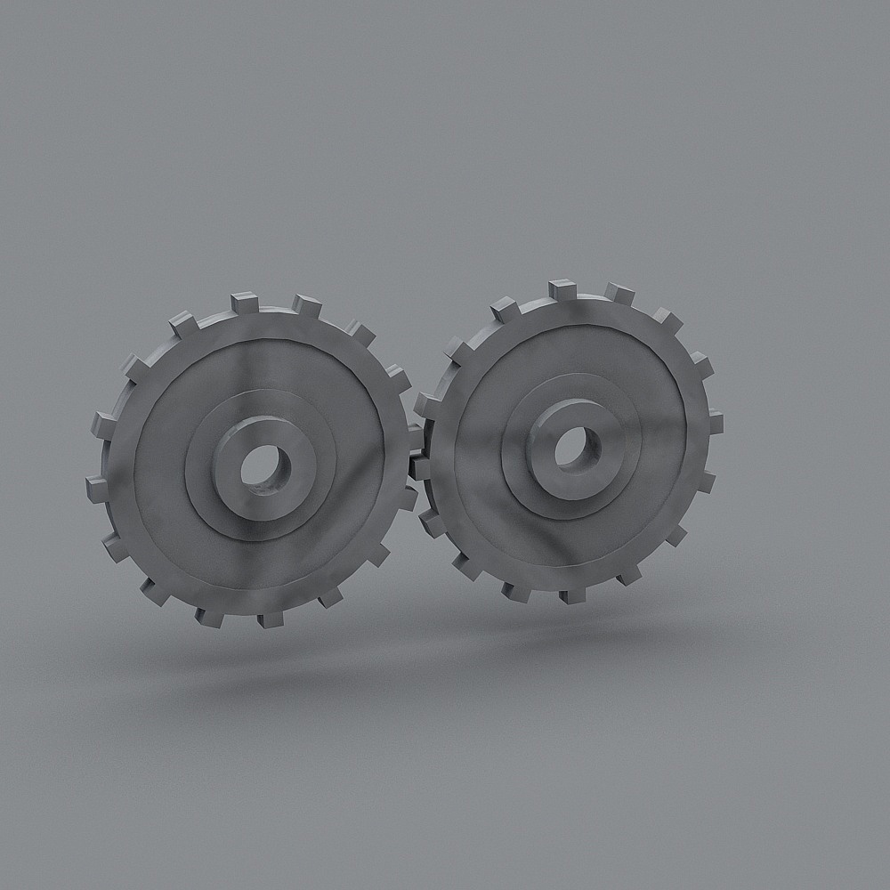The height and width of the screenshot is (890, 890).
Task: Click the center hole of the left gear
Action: [263, 464]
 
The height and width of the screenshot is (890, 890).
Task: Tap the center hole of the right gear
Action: [572, 448]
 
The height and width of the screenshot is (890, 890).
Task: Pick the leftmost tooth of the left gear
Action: [96, 488]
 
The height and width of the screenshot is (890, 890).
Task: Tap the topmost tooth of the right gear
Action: [562, 289]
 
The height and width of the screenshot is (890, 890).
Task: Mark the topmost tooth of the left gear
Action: [243, 303]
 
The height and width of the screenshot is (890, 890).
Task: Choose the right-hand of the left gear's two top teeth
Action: [306, 305]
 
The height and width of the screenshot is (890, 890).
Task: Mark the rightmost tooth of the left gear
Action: [413, 436]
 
